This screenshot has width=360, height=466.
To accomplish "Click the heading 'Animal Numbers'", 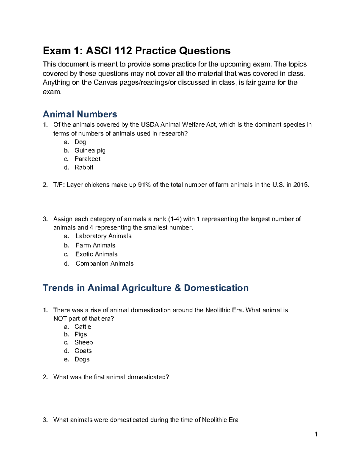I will (80, 114).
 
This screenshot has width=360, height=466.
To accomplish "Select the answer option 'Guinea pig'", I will (90, 150).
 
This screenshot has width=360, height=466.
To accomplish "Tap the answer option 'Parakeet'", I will (87, 159).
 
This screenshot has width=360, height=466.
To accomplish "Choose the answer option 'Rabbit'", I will (84, 167).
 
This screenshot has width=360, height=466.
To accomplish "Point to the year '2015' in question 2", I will (301, 185).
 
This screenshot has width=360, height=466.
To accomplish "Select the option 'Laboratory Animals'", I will (103, 236).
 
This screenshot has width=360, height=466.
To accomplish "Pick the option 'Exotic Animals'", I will (96, 254).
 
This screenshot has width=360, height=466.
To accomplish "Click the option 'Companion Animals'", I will (104, 263).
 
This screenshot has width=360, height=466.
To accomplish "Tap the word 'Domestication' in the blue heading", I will (216, 288).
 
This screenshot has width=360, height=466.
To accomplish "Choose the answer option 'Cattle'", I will (83, 326).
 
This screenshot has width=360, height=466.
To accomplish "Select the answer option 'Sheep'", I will (84, 342).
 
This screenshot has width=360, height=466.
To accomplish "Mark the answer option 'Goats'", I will (83, 351).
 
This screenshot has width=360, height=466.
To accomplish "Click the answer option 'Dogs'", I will (82, 359).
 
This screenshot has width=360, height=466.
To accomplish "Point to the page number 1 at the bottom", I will (316, 434).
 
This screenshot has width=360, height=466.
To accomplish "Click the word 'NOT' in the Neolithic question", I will (60, 318).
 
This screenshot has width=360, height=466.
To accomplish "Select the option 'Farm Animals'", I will (95, 245).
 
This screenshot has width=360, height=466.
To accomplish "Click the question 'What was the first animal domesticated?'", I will (111, 377).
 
